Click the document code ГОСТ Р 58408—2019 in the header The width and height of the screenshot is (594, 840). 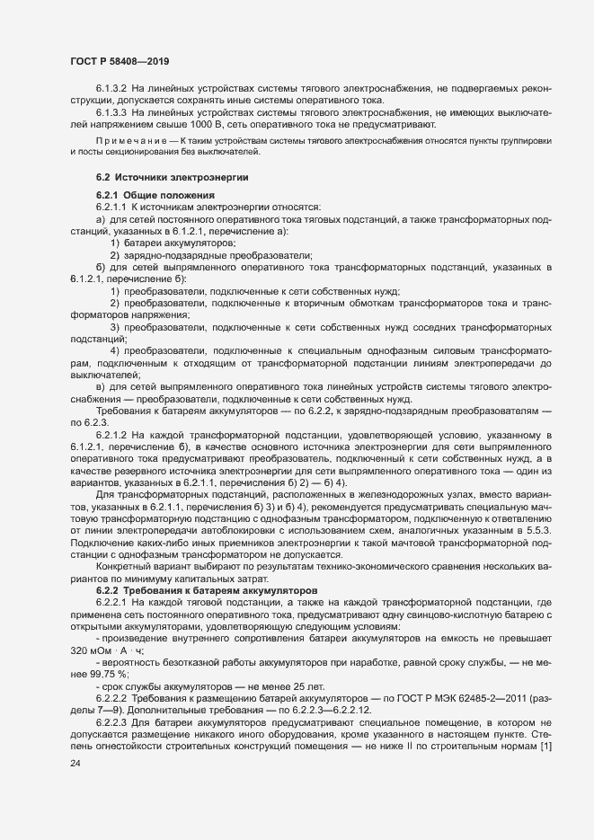pos(120,61)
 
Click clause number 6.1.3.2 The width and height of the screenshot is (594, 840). pos(112,88)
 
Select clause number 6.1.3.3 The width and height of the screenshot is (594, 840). pos(112,113)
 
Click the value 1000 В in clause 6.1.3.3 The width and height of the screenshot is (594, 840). pos(211,126)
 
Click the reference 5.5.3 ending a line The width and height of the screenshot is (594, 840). pos(536,534)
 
